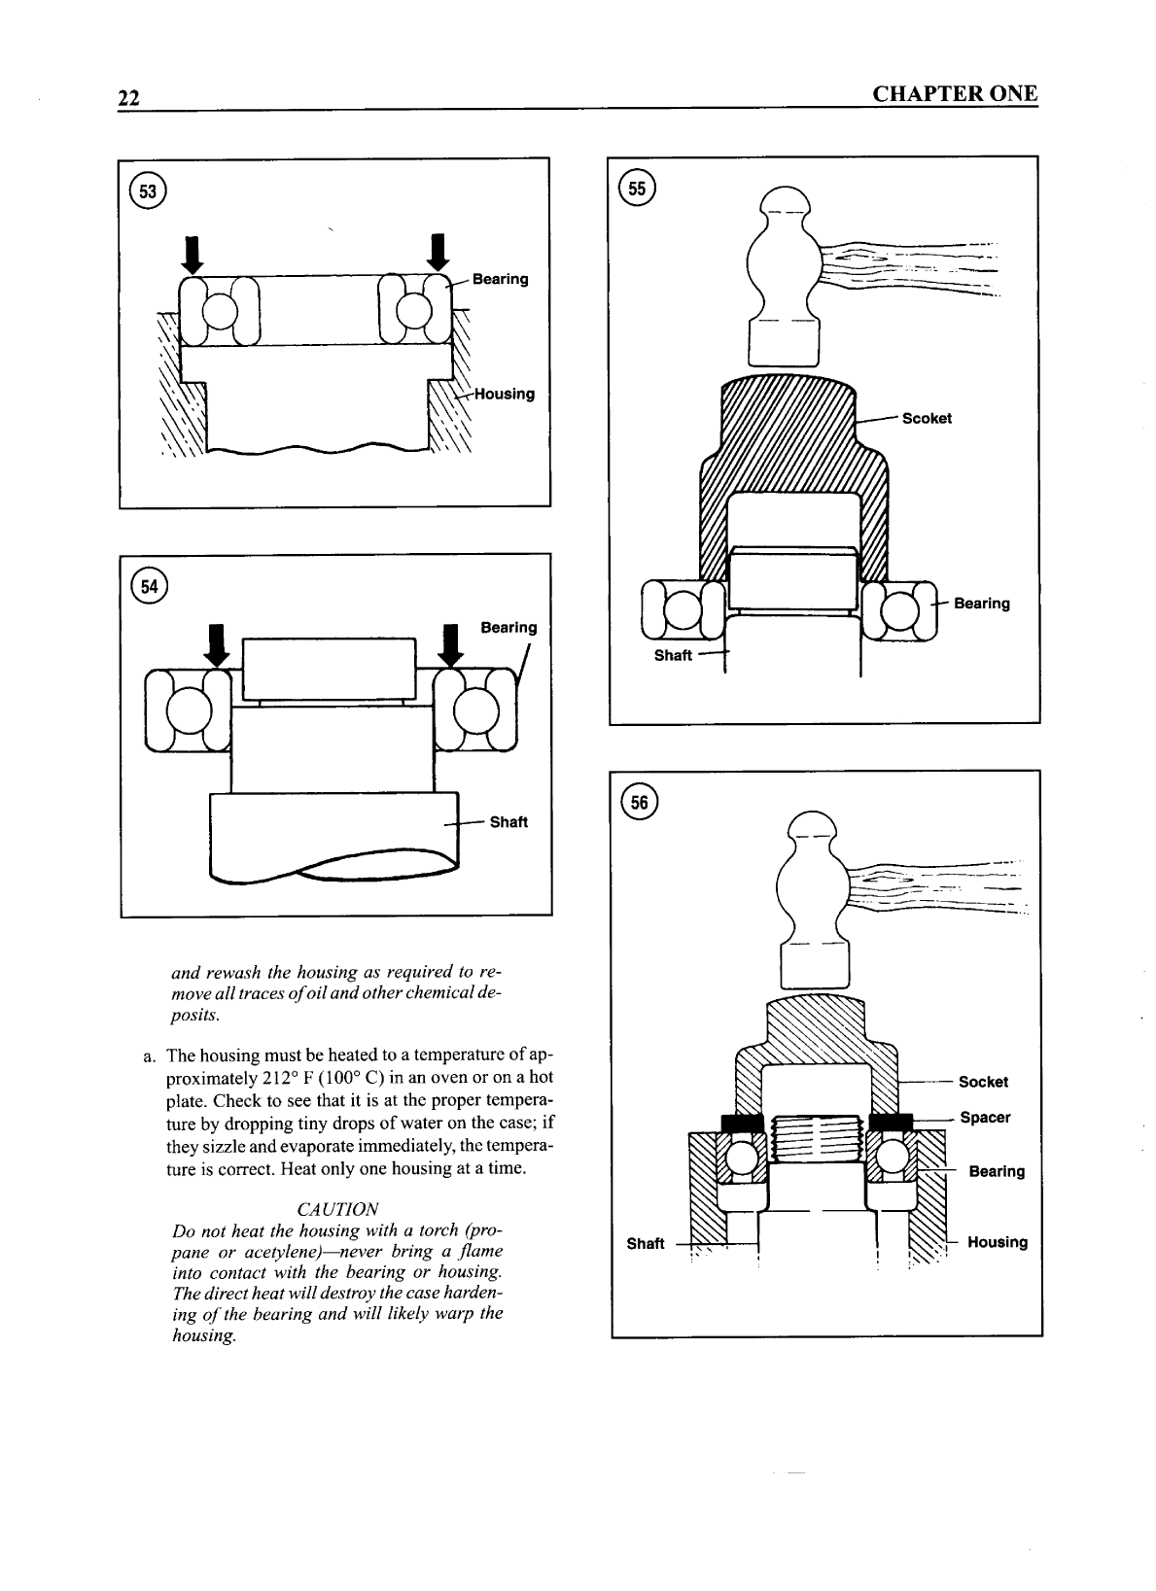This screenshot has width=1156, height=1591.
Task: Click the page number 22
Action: tap(128, 98)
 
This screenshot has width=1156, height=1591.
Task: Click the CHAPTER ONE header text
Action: tap(955, 94)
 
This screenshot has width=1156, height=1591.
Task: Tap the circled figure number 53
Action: tap(151, 190)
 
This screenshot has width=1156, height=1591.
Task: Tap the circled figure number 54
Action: tap(151, 586)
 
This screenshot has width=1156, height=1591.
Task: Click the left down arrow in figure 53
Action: tap(193, 254)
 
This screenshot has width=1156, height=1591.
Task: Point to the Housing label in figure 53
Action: tap(504, 394)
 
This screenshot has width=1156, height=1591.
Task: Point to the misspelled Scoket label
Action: tap(927, 419)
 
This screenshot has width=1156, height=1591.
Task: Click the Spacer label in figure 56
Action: tap(985, 1118)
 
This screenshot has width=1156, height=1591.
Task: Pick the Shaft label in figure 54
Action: tap(508, 822)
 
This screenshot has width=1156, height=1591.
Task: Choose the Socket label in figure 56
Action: tap(983, 1082)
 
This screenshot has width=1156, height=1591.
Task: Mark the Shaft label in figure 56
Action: tap(646, 1244)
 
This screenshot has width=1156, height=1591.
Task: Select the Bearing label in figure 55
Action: tap(982, 604)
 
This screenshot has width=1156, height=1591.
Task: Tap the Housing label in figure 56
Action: tap(998, 1242)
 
